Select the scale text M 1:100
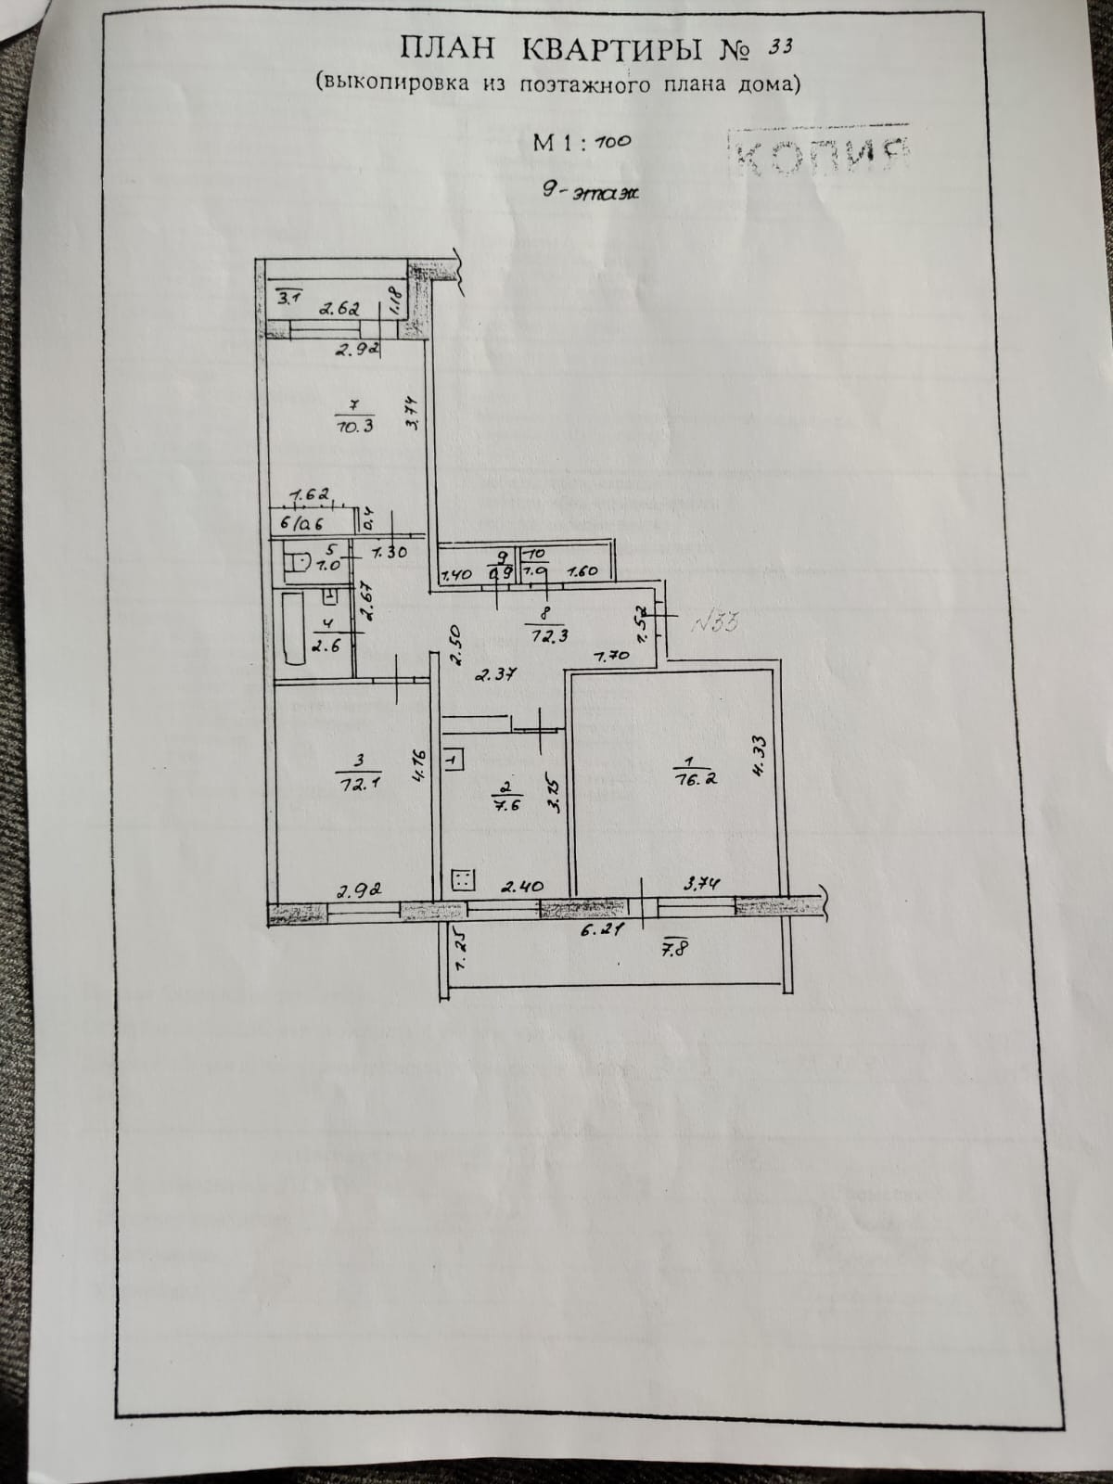pos(582,142)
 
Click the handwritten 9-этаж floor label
pos(591,193)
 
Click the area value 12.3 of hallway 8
pos(544,636)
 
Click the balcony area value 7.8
pos(675,949)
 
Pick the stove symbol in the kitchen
pos(462,879)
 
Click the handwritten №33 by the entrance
pos(715,621)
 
